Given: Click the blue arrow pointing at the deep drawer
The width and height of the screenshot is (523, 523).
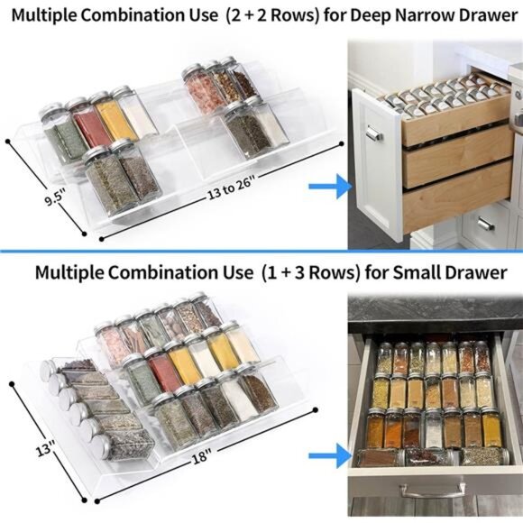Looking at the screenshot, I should [x=329, y=188].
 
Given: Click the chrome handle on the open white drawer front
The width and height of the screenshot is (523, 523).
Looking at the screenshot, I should [x=374, y=135].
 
